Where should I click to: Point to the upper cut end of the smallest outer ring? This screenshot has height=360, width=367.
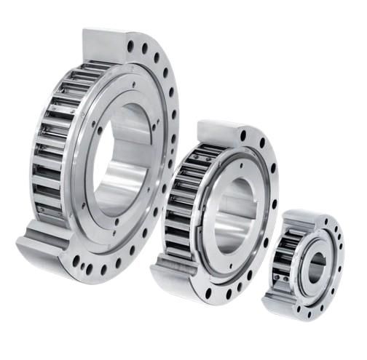click(x=302, y=216)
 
